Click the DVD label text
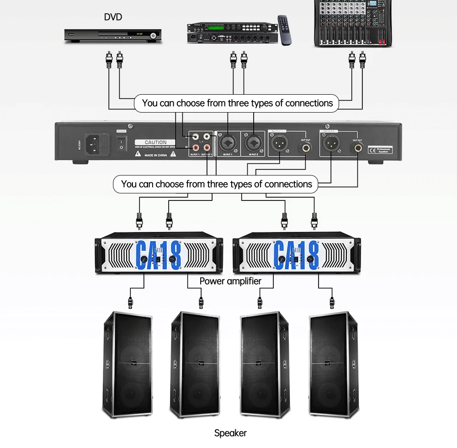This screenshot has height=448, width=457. (113, 17)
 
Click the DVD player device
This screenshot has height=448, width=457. (113, 35)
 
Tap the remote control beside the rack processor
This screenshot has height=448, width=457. (285, 30)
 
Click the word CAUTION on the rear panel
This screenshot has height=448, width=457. (155, 142)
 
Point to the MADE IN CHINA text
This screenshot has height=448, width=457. (155, 154)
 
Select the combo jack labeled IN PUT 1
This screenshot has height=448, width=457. (228, 144)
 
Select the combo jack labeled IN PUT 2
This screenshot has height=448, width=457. (253, 144)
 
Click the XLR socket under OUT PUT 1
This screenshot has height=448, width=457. (279, 144)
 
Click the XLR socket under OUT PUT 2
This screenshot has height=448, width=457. (331, 144)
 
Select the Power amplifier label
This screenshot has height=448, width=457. (230, 281)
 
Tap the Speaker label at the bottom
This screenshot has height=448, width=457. (230, 433)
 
